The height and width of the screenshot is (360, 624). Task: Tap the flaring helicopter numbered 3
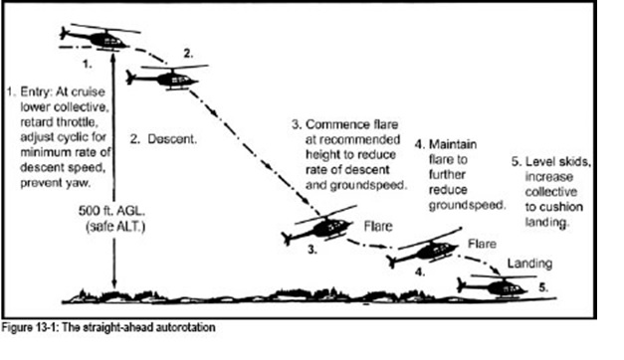318,227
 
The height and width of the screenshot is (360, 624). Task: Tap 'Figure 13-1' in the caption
33,326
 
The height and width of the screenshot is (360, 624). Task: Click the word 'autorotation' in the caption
183,326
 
